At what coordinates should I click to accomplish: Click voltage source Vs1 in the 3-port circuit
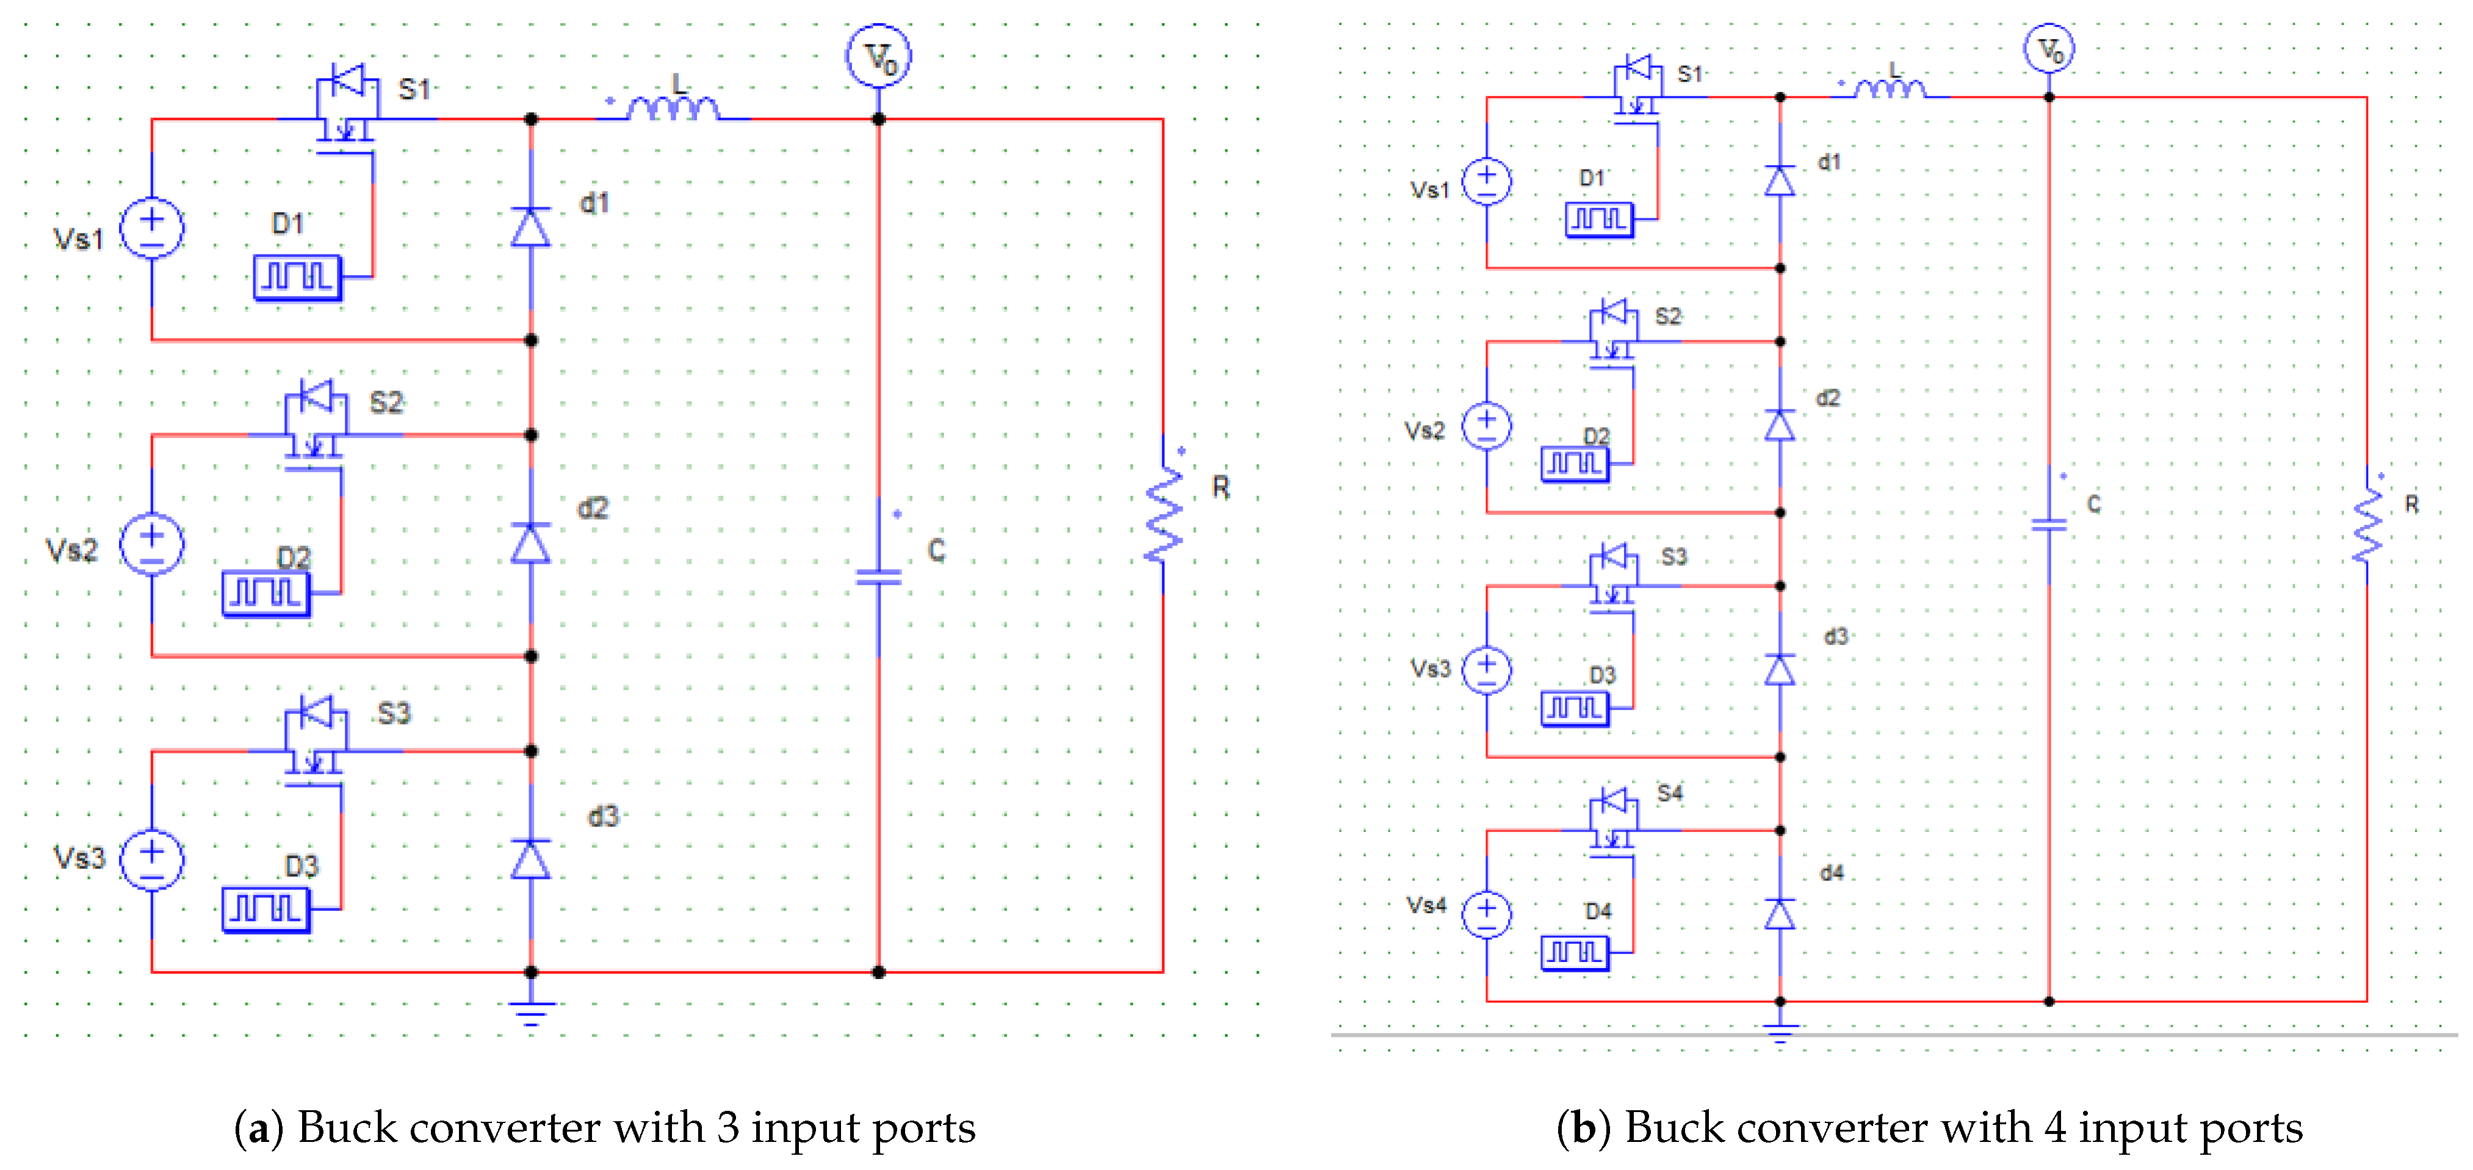pyautogui.click(x=152, y=228)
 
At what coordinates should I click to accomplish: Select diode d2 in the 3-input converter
pyautogui.click(x=531, y=544)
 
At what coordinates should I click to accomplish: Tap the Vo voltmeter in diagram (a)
pyautogui.click(x=878, y=57)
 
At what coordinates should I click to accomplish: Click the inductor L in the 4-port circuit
pyautogui.click(x=1890, y=89)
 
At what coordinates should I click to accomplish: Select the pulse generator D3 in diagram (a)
pyautogui.click(x=266, y=909)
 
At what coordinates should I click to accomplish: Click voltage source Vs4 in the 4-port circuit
pyautogui.click(x=1486, y=913)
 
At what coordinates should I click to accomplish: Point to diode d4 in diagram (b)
pyautogui.click(x=1780, y=914)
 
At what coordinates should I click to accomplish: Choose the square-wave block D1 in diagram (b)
pyautogui.click(x=1598, y=220)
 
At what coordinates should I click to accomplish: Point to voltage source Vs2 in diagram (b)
pyautogui.click(x=1486, y=425)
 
